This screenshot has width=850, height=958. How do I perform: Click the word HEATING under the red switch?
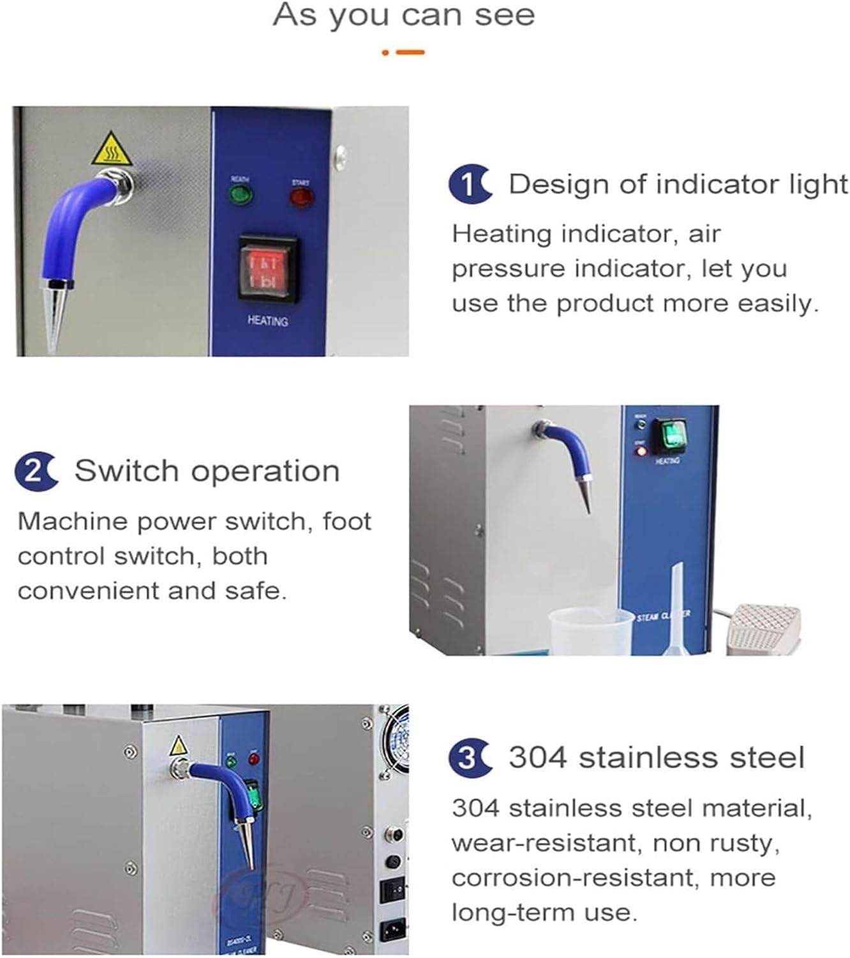pos(267,321)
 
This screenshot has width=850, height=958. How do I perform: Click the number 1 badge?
pos(470,185)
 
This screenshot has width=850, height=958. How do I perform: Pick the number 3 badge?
pos(470,758)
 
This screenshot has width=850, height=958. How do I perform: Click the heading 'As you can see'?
pos(403,15)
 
